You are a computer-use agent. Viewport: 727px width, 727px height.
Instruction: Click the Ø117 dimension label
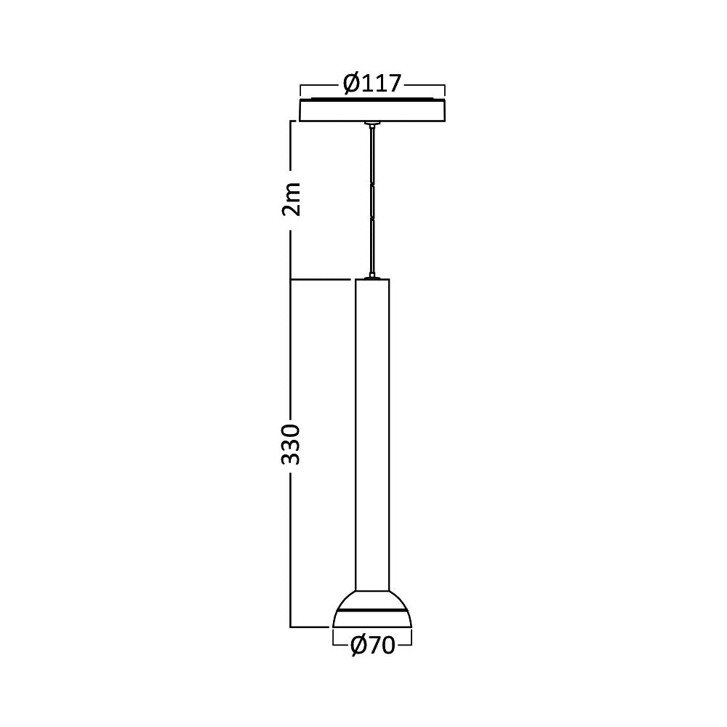(371, 84)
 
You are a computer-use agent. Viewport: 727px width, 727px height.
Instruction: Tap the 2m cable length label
(292, 198)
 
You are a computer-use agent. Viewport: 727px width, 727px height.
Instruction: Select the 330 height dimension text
(292, 443)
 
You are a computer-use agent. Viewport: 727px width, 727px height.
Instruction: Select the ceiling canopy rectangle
(372, 111)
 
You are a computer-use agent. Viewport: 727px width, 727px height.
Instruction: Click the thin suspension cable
(372, 204)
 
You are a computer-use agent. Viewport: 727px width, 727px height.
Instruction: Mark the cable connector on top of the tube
(372, 277)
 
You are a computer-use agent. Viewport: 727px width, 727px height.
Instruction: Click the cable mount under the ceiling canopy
(372, 125)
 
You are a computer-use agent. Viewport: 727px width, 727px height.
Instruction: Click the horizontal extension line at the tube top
(320, 279)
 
